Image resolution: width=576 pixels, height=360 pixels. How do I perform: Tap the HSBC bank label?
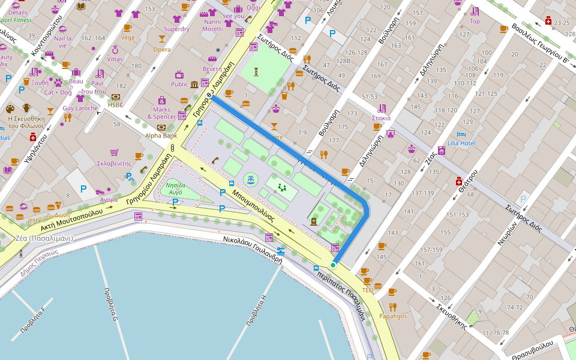(115, 105)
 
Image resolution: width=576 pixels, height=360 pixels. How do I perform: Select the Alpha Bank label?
(161, 136)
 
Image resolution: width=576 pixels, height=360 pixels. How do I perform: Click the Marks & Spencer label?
(161, 113)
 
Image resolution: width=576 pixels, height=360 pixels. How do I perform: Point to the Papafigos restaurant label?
(393, 316)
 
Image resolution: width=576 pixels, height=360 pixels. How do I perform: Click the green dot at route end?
(332, 265)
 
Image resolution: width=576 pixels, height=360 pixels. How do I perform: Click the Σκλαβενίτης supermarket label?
(114, 163)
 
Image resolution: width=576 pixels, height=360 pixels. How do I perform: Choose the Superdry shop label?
(176, 29)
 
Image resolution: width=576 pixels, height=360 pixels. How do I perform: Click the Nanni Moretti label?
(212, 25)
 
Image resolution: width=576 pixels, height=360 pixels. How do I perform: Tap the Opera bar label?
(161, 50)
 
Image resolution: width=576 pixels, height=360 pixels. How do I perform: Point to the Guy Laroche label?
(80, 109)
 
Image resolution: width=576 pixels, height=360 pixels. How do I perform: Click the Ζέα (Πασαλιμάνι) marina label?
(44, 238)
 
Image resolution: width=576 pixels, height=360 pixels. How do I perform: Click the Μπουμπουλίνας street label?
(253, 206)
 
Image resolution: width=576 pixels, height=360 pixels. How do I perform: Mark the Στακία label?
(382, 118)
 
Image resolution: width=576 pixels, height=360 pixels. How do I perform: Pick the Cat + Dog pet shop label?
(58, 92)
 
